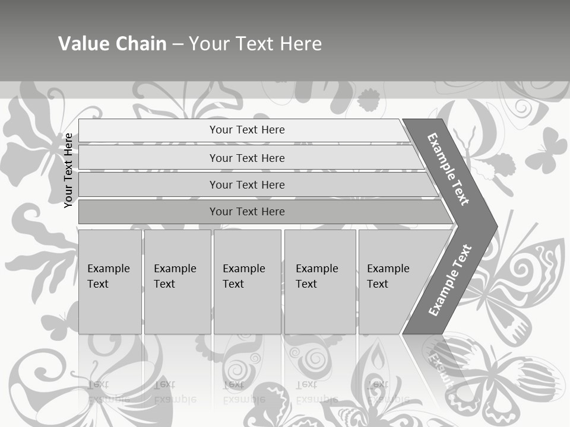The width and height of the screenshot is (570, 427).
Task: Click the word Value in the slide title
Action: click(83, 44)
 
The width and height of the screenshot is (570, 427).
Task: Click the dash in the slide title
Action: click(178, 44)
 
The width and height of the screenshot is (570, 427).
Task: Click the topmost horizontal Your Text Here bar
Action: click(247, 130)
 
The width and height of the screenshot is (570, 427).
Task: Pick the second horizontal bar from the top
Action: click(247, 158)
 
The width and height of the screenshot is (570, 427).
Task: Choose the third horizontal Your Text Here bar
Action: click(247, 184)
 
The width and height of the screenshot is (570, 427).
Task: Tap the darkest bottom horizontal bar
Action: click(247, 212)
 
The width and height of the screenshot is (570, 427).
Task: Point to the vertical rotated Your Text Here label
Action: click(69, 170)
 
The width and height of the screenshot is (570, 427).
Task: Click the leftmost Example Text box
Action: click(110, 281)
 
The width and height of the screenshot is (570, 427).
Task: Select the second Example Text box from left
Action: click(177, 281)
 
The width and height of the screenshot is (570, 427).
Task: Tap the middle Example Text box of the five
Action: click(246, 281)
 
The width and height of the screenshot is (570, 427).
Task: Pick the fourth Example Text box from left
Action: click(319, 281)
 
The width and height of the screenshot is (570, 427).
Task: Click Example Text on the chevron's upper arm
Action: click(448, 169)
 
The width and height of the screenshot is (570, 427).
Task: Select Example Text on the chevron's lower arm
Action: click(449, 280)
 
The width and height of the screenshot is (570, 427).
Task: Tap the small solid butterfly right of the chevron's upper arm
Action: click(546, 151)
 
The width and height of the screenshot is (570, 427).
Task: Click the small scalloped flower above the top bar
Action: click(369, 100)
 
